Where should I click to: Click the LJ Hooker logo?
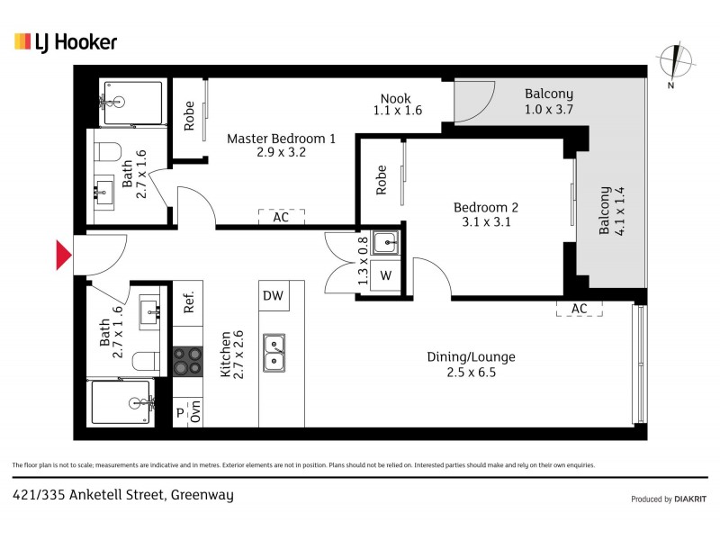66,41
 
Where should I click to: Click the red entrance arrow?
64,255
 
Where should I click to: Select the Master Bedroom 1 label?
281,146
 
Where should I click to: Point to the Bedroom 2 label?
485,214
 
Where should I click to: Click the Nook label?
397,103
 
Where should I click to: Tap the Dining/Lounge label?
471,364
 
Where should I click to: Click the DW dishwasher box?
273,295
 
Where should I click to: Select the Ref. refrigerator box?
189,302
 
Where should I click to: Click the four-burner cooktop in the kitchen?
188,361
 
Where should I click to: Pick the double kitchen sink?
274,352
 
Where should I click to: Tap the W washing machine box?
386,275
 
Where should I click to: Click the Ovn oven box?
195,412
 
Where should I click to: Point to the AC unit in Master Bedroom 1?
281,217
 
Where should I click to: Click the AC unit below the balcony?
579,309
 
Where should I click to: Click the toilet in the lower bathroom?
142,361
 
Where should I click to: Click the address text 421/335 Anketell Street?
122,495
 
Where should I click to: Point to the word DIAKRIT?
690,499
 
